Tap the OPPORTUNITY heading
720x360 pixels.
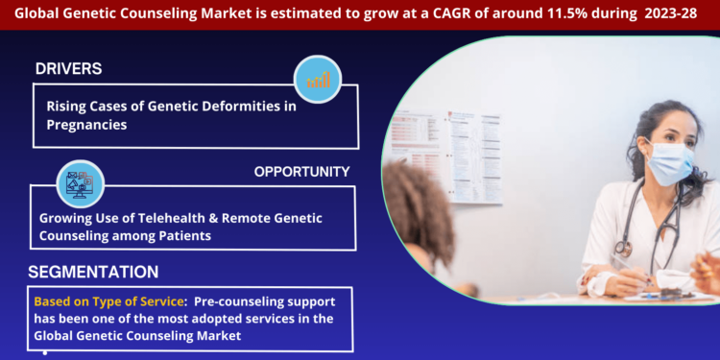pos(301,172)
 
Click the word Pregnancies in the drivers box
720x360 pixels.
pos(86,125)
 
